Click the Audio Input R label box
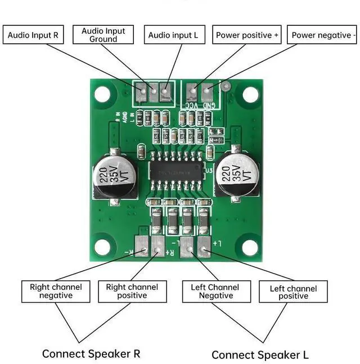tap(33, 35)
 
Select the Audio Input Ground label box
tap(103, 35)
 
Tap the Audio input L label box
tap(173, 35)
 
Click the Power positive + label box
tap(247, 35)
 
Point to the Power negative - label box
tap(323, 35)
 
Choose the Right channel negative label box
tap(56, 291)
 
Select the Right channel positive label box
tap(132, 291)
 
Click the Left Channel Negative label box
tap(215, 291)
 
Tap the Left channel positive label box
tap(293, 292)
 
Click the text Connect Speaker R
tap(91, 354)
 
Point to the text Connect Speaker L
tap(260, 354)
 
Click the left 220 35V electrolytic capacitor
tap(115, 176)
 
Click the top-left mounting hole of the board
tap(102, 94)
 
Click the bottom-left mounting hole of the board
tap(102, 246)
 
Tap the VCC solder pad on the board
tap(192, 90)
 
